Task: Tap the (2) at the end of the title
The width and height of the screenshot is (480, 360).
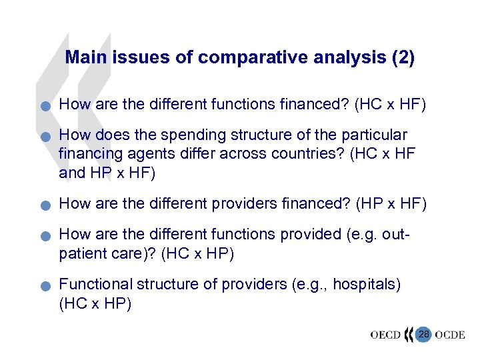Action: coord(403,58)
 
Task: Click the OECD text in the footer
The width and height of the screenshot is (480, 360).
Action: coord(385,335)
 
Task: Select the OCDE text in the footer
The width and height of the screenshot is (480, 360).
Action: coord(450,335)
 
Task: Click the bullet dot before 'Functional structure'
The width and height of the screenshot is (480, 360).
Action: coord(43,287)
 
